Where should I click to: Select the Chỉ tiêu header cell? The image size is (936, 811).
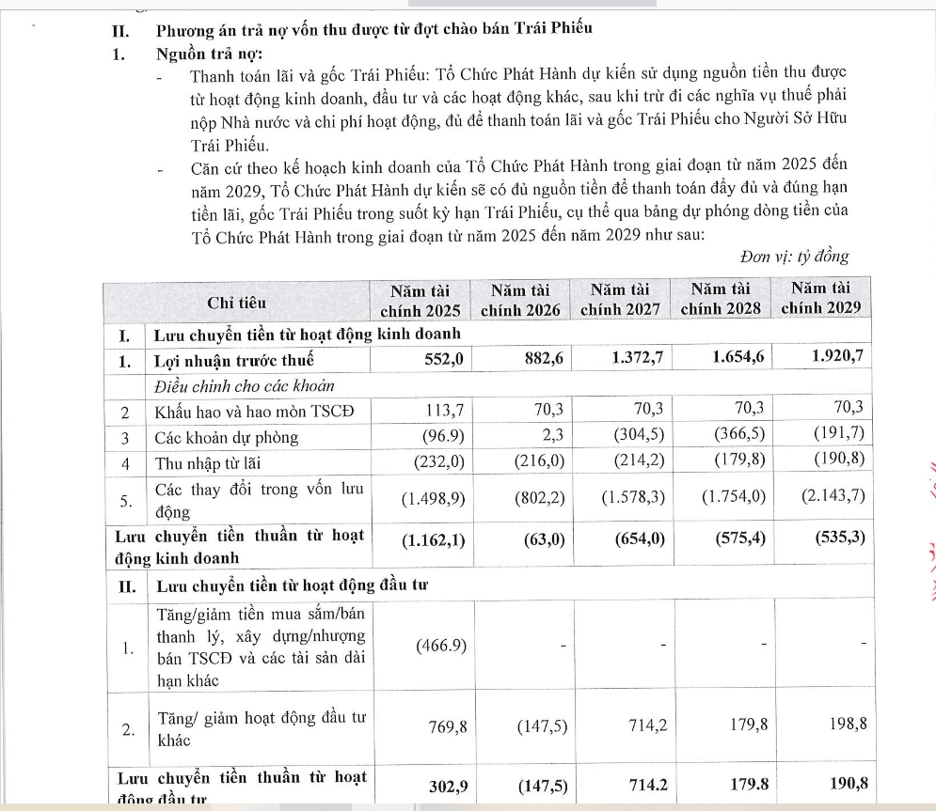point(236,303)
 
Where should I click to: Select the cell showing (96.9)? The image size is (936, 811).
point(436,437)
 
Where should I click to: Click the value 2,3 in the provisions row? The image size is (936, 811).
point(552,437)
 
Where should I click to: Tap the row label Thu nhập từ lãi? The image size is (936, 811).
point(209,463)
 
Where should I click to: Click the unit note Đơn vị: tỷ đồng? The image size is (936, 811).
point(794,257)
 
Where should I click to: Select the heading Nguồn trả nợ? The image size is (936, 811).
point(209,54)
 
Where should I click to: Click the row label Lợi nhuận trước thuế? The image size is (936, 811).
point(233,360)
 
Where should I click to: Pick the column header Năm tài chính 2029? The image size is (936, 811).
point(820,300)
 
